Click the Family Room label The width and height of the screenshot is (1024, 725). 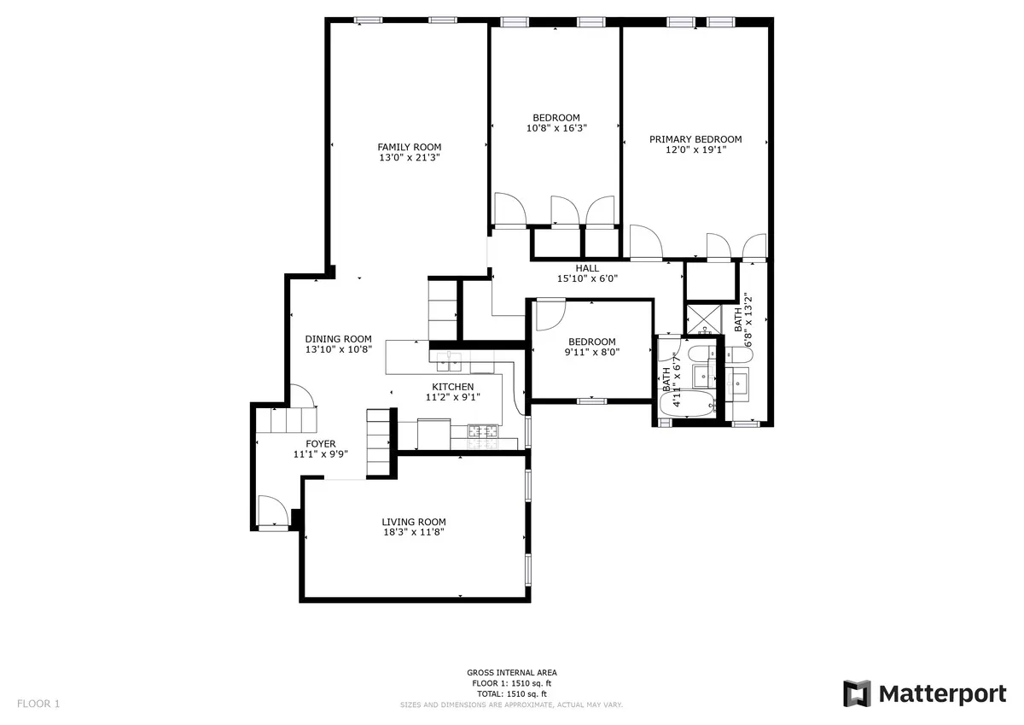point(410,147)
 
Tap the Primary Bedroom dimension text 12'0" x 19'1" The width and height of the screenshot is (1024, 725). point(695,149)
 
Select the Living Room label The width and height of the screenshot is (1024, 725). point(413,522)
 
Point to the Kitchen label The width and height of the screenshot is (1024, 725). point(452,387)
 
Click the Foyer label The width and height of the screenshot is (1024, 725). point(321,443)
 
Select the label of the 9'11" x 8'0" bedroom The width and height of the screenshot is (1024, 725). point(592,342)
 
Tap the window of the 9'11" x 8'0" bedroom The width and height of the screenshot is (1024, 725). point(591,400)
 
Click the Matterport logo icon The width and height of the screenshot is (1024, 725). point(856,693)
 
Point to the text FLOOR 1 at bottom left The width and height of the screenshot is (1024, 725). point(38,705)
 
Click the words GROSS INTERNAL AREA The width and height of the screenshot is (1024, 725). point(512,673)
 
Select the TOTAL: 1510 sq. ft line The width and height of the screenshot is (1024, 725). point(512,694)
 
